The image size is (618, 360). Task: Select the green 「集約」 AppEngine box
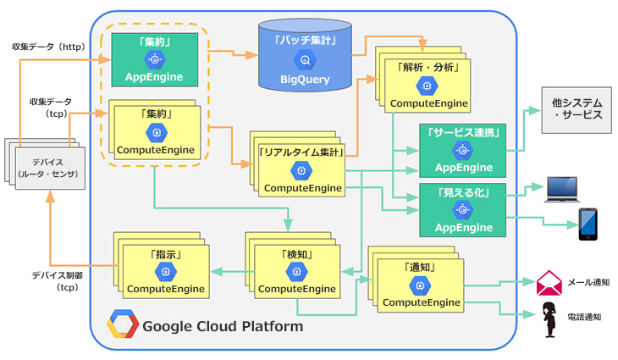[x=155, y=59]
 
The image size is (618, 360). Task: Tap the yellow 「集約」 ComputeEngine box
[x=155, y=132]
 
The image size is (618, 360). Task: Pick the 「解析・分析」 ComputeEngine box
[x=427, y=85]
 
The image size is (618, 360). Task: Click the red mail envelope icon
[x=549, y=282]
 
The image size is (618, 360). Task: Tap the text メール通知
[x=588, y=283]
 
